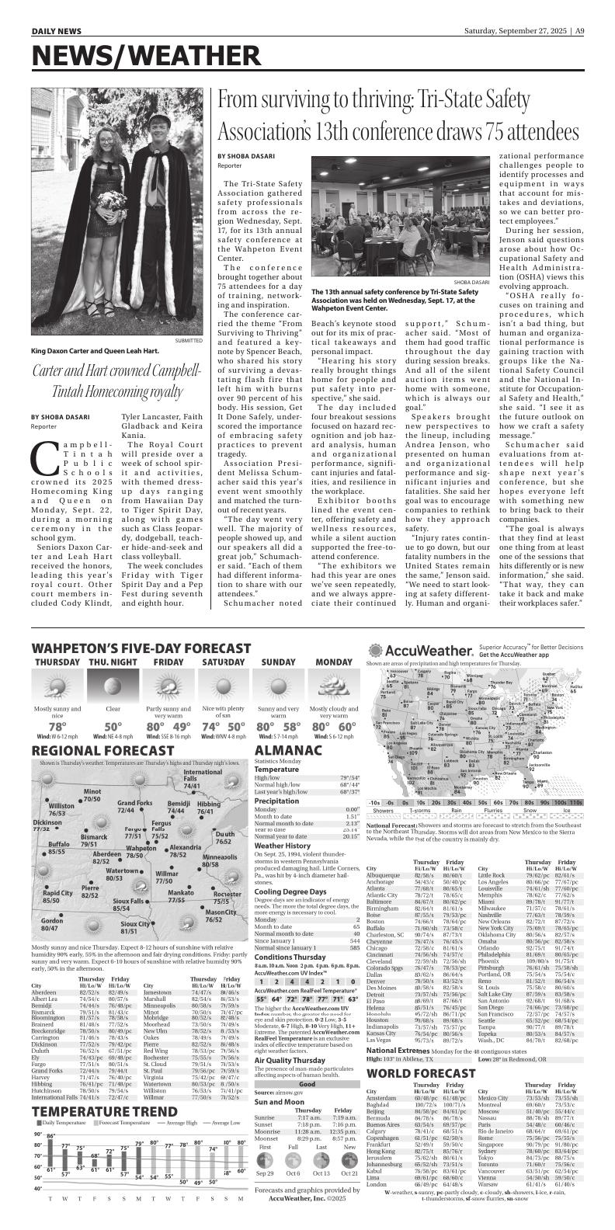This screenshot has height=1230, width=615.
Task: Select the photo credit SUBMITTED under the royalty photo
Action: coord(189,340)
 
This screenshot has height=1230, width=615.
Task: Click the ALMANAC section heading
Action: coord(288,752)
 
